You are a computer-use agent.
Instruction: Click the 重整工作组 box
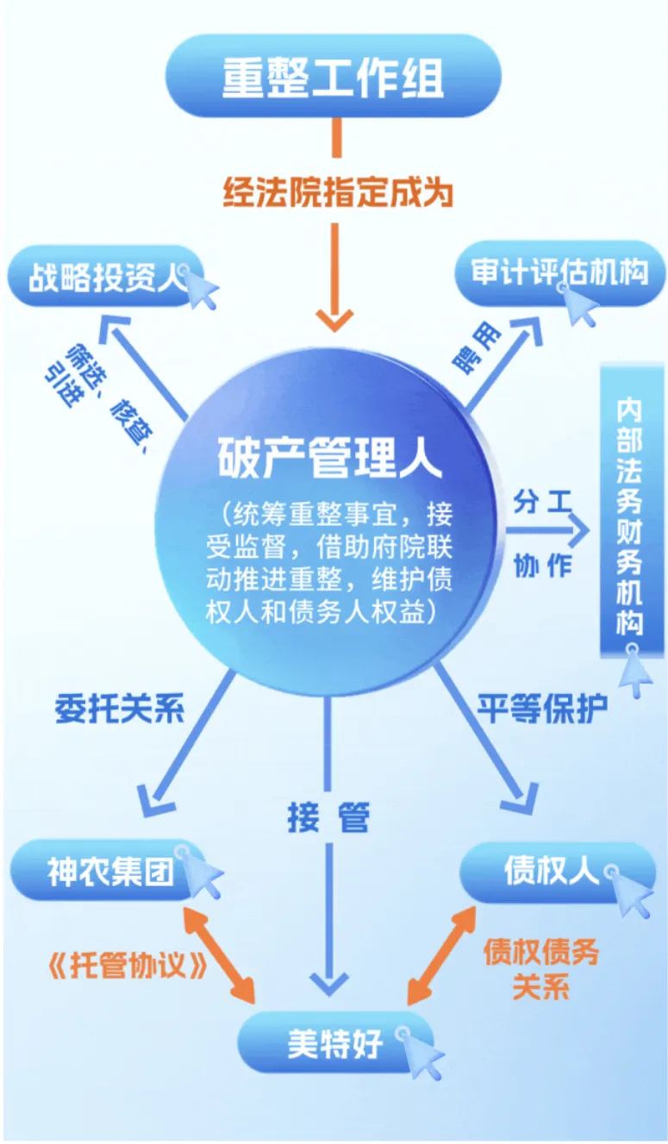pyautogui.click(x=333, y=77)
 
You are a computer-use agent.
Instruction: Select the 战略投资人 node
pyautogui.click(x=103, y=278)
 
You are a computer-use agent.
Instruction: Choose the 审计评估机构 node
pyautogui.click(x=559, y=273)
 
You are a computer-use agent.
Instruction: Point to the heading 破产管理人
pyautogui.click(x=329, y=454)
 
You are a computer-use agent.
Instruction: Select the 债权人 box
pyautogui.click(x=552, y=871)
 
